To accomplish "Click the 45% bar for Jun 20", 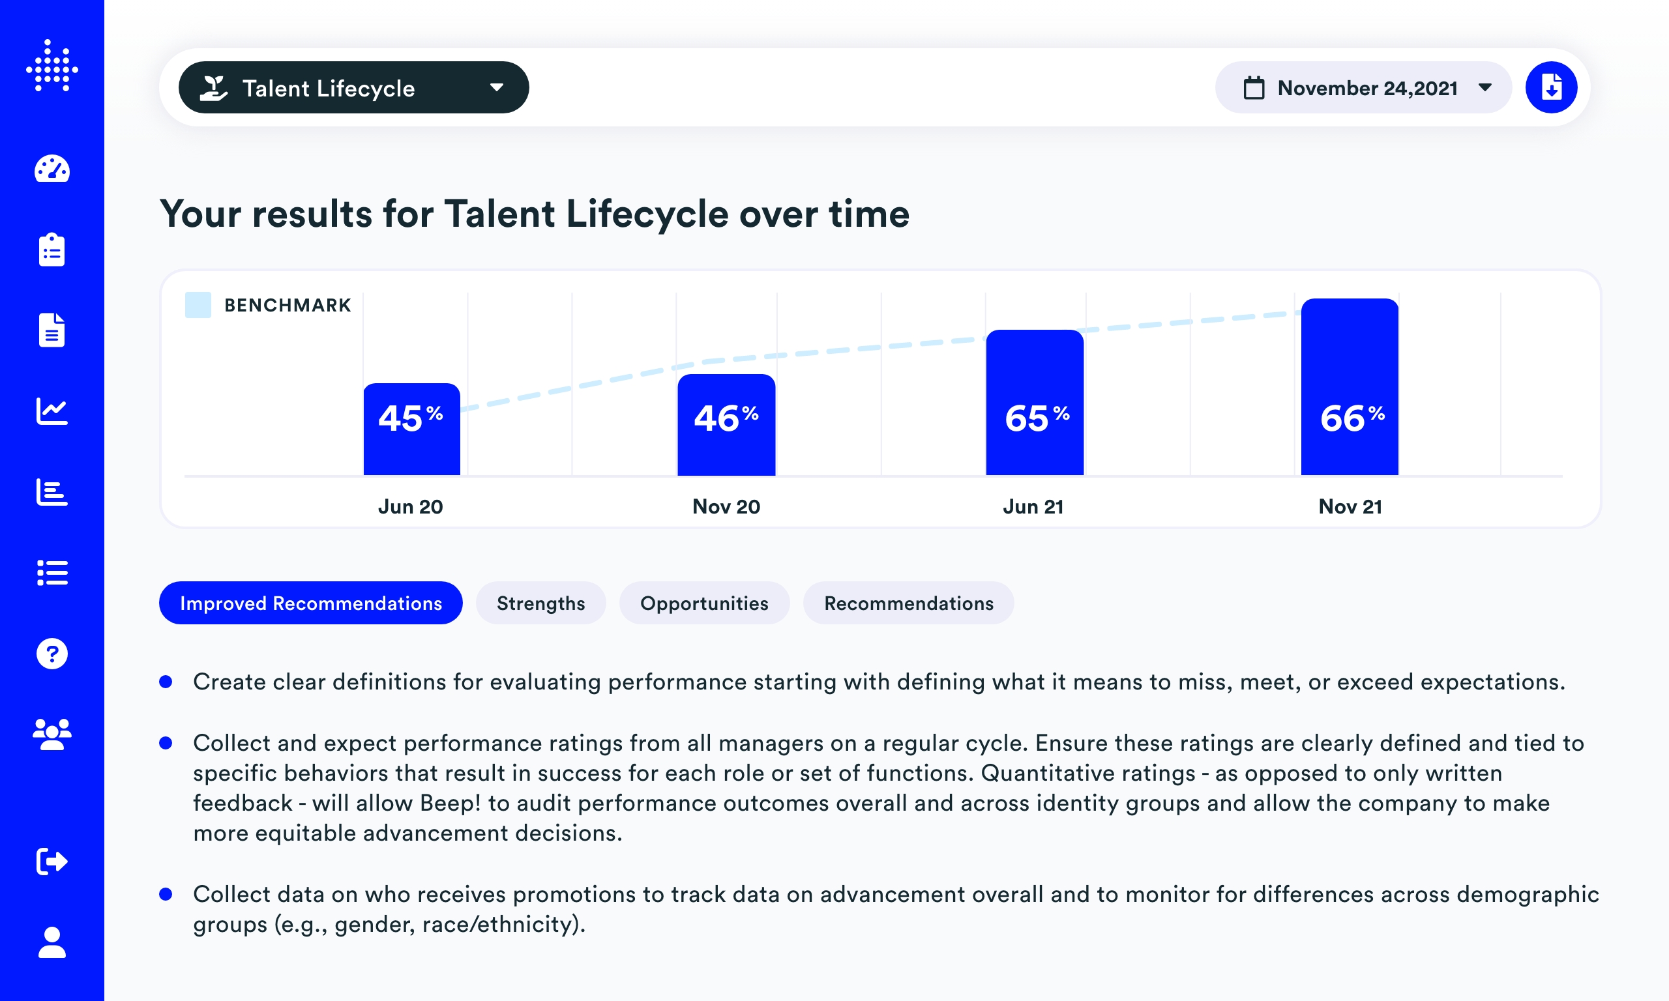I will coord(411,429).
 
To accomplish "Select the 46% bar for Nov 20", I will coord(726,425).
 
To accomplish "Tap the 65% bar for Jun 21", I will coord(1034,403).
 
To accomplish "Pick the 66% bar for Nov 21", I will coord(1350,387).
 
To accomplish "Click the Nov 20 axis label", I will coord(726,506).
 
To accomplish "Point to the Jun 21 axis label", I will coord(1033,506).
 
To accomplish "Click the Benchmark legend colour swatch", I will coord(198,305).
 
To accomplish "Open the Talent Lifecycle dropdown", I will coord(353,88).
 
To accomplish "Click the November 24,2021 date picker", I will coord(1363,88).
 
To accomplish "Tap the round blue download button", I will coord(1551,88).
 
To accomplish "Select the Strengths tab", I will coord(540,603).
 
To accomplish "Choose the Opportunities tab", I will coord(703,603).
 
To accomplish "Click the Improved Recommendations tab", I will coord(310,603).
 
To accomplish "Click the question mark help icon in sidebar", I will coord(52,654).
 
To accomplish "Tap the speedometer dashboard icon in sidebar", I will coord(52,169).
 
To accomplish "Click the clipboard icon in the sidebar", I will coord(52,250).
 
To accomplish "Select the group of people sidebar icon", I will coord(52,734).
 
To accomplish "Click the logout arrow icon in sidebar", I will coord(52,862).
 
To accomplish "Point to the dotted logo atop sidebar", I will coord(52,66).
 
